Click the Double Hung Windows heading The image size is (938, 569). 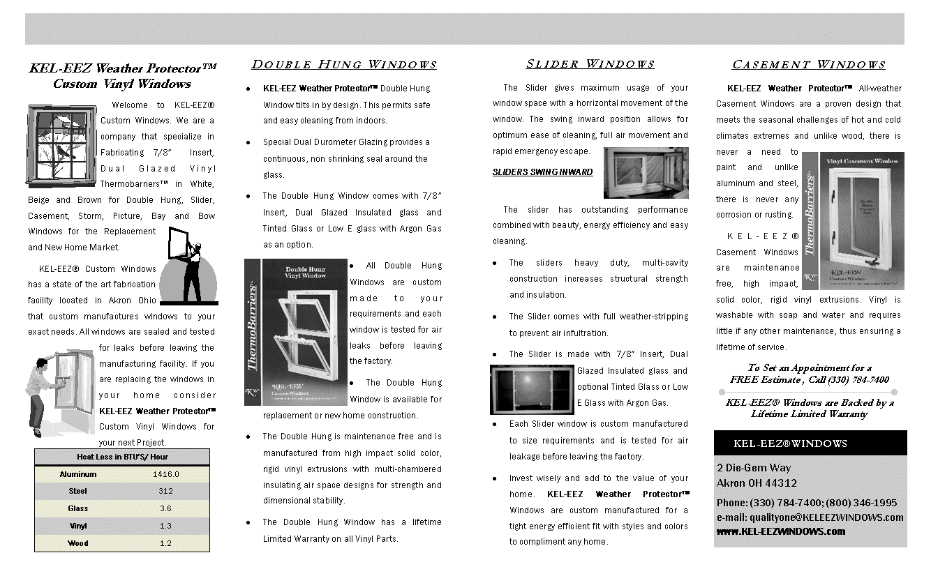tap(344, 65)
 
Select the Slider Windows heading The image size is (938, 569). tap(590, 64)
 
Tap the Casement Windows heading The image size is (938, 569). tap(809, 65)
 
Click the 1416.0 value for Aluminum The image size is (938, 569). tap(165, 474)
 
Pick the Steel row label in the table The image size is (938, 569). tap(77, 491)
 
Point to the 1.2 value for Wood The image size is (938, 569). tap(165, 543)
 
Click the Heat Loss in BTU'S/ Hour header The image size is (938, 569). tap(122, 457)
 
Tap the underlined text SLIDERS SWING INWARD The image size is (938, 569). tap(542, 172)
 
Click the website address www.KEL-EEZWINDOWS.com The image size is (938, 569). tap(780, 531)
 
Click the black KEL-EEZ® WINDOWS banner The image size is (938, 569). tap(810, 443)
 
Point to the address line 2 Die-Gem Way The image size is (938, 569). tap(754, 468)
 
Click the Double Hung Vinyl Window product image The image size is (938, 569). tap(296, 333)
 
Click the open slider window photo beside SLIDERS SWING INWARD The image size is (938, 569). tap(646, 172)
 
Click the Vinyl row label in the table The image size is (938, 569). tap(77, 526)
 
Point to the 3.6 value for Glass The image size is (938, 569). tap(165, 508)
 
